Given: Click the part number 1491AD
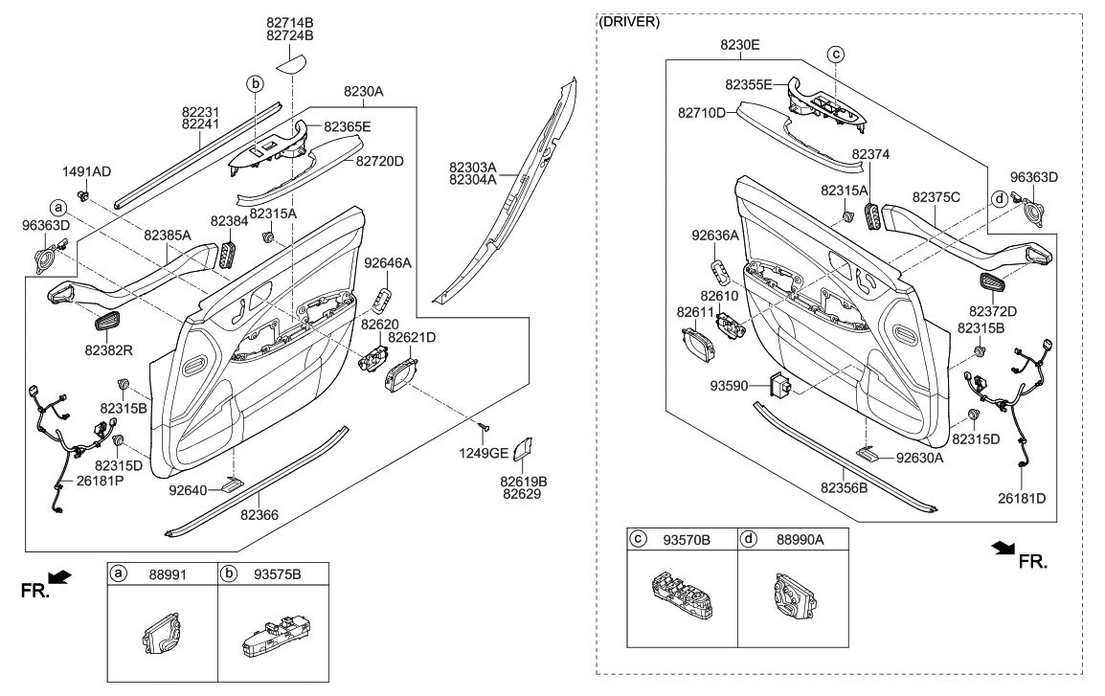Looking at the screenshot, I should [x=87, y=172].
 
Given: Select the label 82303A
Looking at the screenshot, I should [x=472, y=167].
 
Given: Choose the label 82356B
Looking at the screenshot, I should [x=843, y=487].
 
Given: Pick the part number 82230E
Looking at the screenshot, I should [x=740, y=44].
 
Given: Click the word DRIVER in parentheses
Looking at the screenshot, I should [x=630, y=22].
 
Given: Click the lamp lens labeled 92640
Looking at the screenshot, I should [x=231, y=483].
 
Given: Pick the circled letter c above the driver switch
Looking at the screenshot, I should [x=835, y=55].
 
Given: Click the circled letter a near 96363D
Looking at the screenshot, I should [x=57, y=208].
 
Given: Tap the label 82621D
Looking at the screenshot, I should [x=412, y=337].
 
